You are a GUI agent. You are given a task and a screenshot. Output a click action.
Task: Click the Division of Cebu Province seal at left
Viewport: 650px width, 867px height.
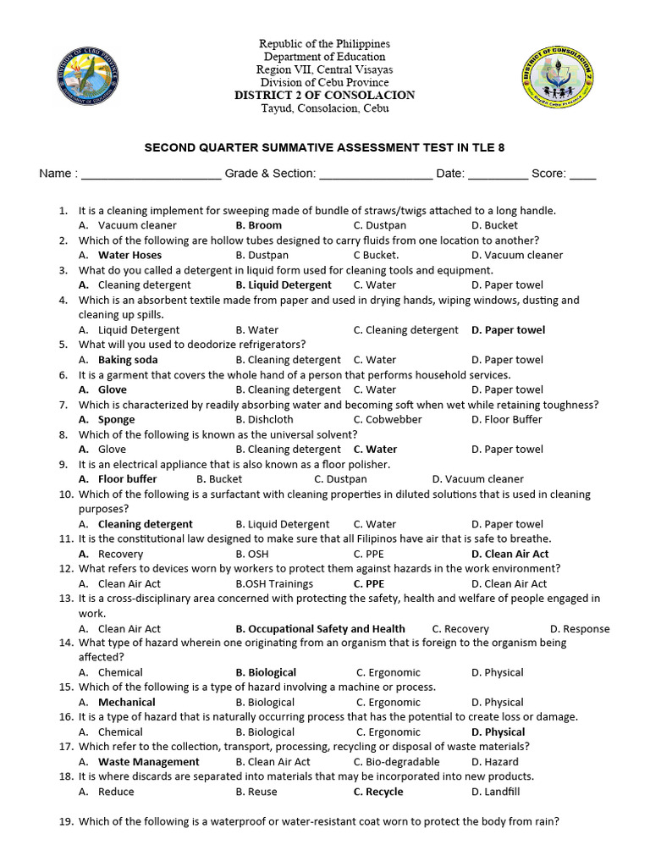coord(86,77)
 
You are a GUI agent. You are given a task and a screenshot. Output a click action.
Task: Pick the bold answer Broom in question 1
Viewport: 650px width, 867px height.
coord(259,225)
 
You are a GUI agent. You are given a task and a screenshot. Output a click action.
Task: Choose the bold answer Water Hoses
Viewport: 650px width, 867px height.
coord(129,255)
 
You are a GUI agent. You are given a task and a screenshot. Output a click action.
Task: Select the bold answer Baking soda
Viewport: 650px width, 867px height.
coord(128,360)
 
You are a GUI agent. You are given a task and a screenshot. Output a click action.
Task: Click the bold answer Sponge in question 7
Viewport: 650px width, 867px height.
coord(116,419)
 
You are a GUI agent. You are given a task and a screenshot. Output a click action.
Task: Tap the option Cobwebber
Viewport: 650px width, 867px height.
coord(388,419)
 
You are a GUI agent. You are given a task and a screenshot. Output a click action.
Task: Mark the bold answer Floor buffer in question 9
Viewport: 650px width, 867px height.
coord(127,479)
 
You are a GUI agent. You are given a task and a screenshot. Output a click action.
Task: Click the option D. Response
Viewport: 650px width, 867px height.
coord(579,629)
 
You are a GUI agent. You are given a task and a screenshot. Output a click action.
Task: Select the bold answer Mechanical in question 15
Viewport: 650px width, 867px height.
coord(126,702)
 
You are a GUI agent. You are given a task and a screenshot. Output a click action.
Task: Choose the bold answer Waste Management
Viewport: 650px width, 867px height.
coord(148,762)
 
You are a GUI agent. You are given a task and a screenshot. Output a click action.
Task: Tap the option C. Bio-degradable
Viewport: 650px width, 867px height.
coord(398,762)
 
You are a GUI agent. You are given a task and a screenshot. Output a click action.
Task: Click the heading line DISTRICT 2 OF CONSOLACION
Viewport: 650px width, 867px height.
coord(325,95)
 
